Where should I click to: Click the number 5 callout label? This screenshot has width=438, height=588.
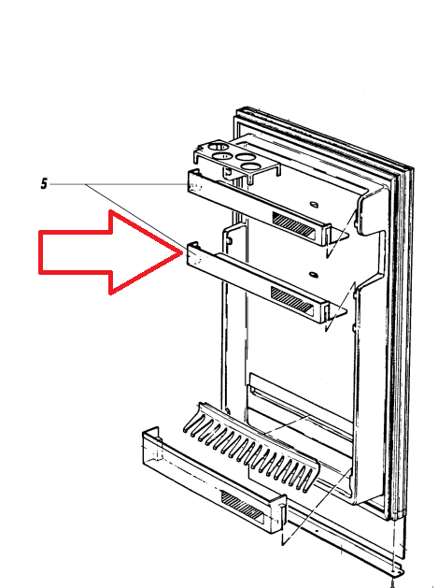44,184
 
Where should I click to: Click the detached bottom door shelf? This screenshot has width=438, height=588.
214,483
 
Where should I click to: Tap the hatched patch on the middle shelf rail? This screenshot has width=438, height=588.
291,299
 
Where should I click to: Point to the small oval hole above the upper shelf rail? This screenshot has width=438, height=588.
314,205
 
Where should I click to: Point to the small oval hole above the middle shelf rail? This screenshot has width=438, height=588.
313,275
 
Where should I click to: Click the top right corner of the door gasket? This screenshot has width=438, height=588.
412,168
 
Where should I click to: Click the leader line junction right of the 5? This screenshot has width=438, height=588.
86,184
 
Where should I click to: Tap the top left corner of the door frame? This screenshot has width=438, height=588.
237,109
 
